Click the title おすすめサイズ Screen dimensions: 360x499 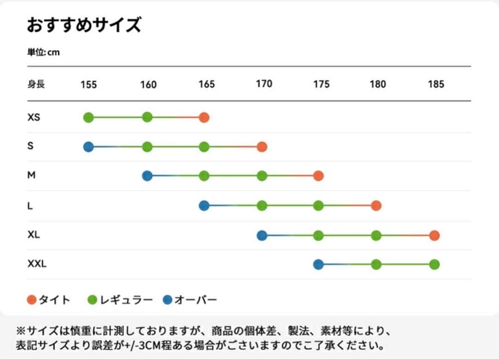point(84,25)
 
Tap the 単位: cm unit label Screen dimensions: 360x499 point(43,52)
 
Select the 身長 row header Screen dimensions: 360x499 point(36,84)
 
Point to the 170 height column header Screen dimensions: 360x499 point(264,84)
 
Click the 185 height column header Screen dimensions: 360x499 point(436,84)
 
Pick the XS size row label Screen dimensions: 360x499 point(34,117)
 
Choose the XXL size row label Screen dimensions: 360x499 point(37,264)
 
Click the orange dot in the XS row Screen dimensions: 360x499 point(204,117)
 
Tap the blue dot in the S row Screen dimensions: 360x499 point(88,147)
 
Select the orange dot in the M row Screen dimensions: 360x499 point(318,176)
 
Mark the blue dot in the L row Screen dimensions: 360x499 point(204,206)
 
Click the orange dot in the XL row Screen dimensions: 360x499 point(434,236)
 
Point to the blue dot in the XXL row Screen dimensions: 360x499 point(318,264)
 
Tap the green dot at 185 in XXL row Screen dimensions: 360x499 point(434,264)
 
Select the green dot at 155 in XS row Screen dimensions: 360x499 point(88,117)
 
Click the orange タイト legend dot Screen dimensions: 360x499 point(32,300)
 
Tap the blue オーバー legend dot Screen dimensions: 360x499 point(168,300)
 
